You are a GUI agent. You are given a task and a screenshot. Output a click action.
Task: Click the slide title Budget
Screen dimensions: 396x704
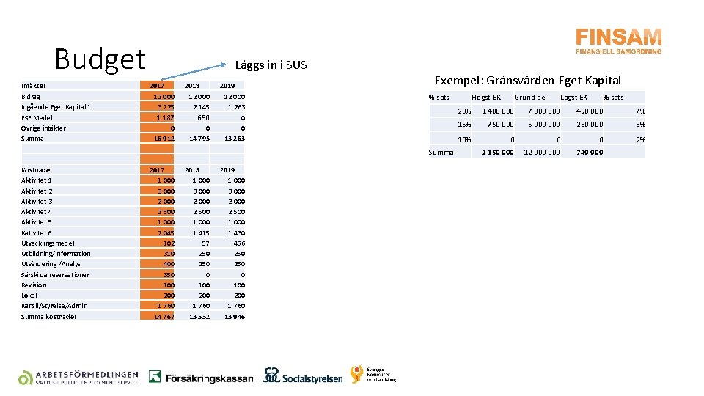click(100, 59)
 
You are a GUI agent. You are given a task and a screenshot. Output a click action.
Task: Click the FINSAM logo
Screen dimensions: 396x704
click(618, 41)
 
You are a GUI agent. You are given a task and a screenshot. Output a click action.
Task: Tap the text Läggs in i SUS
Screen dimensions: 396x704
click(271, 65)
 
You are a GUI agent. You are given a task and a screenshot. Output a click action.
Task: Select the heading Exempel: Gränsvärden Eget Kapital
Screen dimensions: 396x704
click(527, 81)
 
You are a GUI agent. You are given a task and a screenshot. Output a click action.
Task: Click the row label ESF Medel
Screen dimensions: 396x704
click(37, 117)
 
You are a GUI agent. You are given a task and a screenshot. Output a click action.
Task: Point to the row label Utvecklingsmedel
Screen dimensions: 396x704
click(48, 243)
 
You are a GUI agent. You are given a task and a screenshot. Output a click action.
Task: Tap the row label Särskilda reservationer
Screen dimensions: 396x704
click(55, 275)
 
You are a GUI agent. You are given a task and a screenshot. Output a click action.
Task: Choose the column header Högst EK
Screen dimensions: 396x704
click(486, 98)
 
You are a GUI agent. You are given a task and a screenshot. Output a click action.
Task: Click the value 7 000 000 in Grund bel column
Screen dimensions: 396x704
click(543, 111)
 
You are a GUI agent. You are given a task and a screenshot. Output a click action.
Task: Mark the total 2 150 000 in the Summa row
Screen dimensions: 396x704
click(496, 153)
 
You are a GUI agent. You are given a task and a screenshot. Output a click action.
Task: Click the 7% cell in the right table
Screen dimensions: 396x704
click(640, 111)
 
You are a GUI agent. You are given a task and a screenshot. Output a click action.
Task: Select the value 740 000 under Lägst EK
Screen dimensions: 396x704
click(589, 153)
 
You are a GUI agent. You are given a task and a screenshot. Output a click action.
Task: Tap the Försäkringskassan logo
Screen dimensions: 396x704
click(200, 378)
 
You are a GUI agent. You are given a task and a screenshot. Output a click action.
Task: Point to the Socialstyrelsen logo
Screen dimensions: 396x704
click(303, 376)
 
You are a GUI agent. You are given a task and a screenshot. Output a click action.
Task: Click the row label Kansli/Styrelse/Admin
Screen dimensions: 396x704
click(54, 306)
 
